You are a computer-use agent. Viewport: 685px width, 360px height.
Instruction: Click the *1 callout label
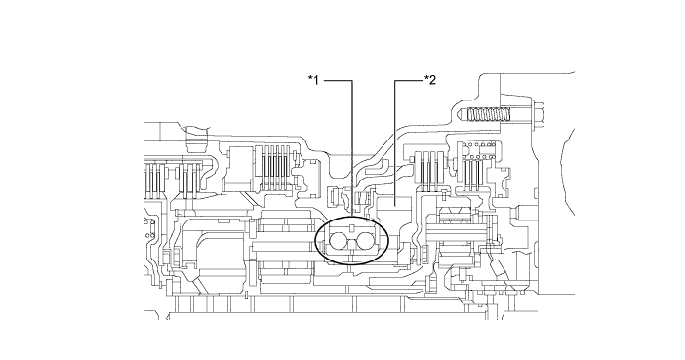[x=314, y=77]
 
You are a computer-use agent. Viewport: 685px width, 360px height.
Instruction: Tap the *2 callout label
[x=429, y=77]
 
